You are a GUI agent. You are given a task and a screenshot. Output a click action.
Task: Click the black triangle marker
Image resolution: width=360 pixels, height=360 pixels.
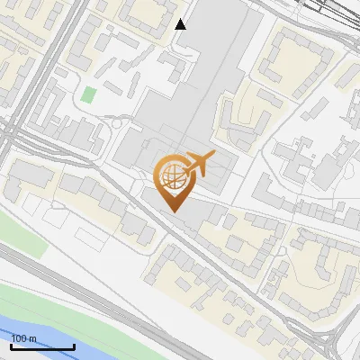[x=181, y=24]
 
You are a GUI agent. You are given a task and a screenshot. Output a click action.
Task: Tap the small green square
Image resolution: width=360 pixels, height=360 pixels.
[x=88, y=94]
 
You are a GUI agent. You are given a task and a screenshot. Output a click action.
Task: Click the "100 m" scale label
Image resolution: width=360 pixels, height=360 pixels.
[x=22, y=338]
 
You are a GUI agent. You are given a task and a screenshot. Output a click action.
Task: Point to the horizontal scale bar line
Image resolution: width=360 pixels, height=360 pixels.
[x=42, y=346]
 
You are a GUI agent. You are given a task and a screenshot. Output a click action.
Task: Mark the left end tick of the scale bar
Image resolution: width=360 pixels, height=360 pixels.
[x=11, y=345]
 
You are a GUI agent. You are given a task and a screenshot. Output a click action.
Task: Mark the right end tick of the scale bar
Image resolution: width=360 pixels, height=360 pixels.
[x=74, y=345]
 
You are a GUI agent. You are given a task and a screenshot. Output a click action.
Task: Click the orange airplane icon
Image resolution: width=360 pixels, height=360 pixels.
[x=198, y=164]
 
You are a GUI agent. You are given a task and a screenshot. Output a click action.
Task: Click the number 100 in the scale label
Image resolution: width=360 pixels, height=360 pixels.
[x=19, y=338]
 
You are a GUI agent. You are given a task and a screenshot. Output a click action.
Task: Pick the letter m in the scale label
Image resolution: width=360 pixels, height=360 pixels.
[x=31, y=339]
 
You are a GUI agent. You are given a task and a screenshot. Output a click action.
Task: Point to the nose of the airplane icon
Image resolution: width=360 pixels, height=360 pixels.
[x=214, y=157]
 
